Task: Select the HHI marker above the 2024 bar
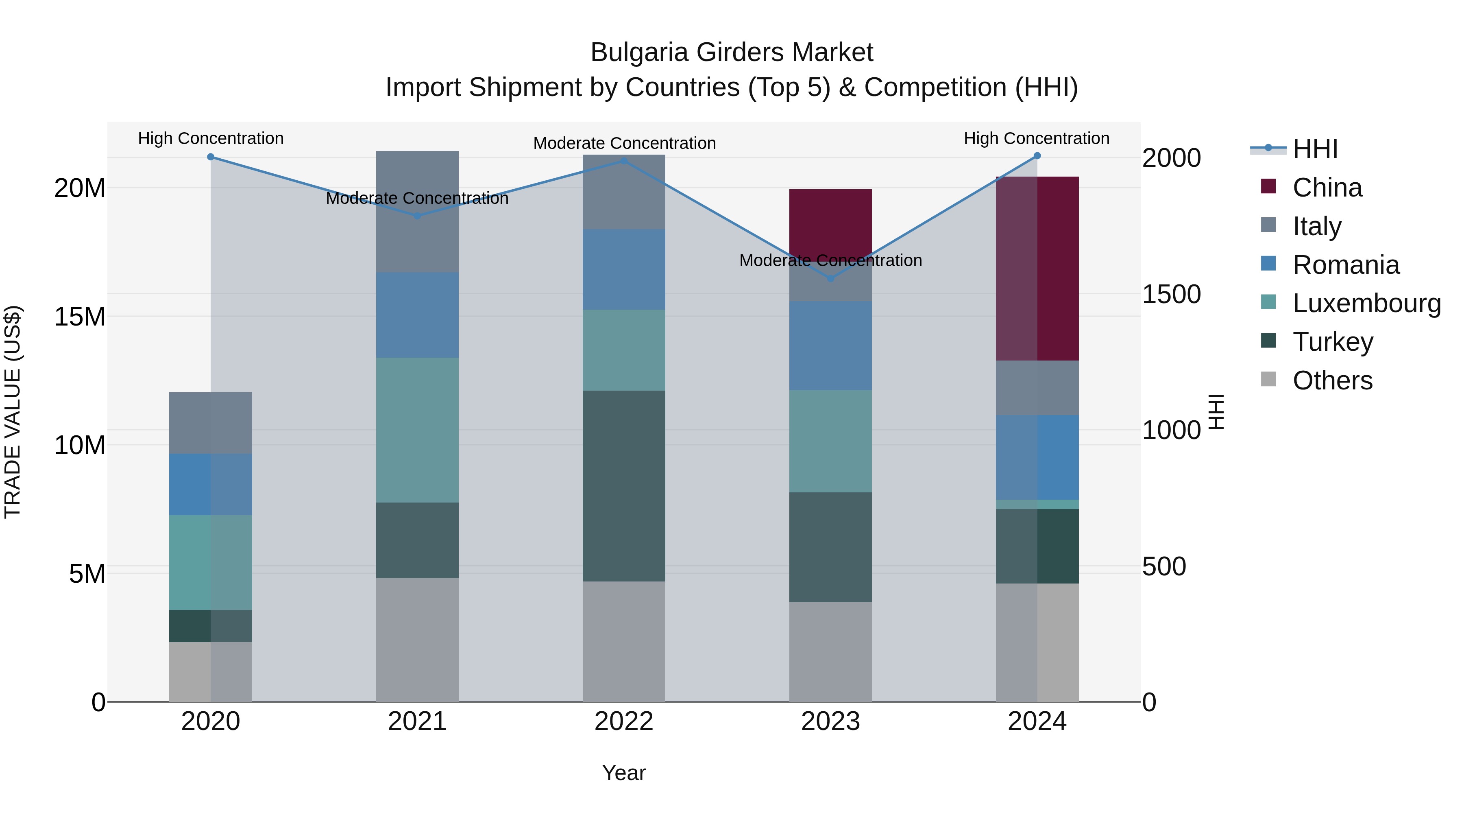coord(1037,156)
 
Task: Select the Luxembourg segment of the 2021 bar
coord(417,430)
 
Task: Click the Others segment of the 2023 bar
coord(830,652)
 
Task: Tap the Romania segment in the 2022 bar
coord(623,269)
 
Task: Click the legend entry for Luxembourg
coord(1366,303)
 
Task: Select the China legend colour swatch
coord(1268,186)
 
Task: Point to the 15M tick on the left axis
coord(80,317)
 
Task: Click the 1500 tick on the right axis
coord(1171,295)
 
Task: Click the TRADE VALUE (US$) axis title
coord(13,412)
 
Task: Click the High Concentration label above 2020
coord(211,139)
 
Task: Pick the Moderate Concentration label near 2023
coord(830,260)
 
